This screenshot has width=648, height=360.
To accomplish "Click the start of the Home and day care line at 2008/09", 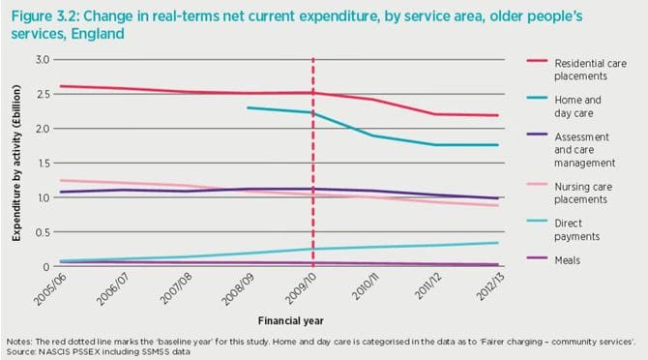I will coord(249,107).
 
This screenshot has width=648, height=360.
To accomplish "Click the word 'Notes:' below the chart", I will coord(18,342).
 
